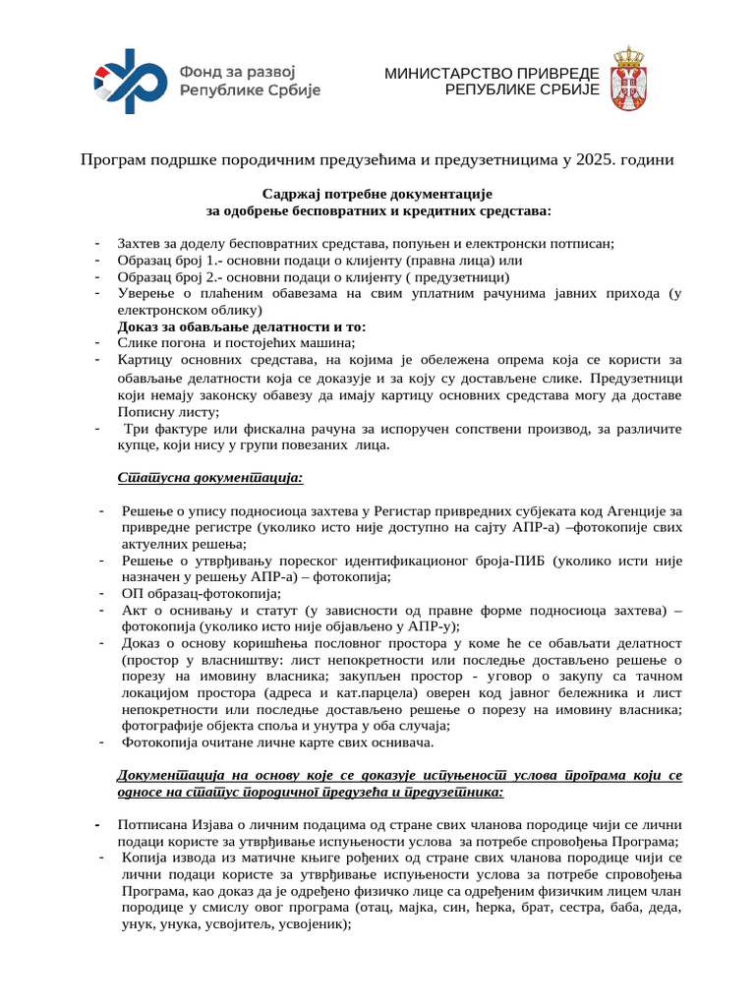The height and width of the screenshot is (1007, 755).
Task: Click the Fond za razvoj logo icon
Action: tap(131, 76)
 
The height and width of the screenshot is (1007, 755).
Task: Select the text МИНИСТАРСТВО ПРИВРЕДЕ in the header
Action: tap(491, 74)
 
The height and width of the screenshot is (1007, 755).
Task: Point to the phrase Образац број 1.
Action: tap(162, 261)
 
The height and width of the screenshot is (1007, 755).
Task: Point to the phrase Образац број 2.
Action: tap(162, 277)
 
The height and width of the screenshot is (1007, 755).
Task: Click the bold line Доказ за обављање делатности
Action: tap(241, 326)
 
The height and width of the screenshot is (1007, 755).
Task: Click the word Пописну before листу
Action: tap(146, 412)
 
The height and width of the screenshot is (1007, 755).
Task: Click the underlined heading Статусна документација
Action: tap(210, 478)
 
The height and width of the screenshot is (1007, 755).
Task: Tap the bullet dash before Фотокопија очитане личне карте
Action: tap(103, 742)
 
